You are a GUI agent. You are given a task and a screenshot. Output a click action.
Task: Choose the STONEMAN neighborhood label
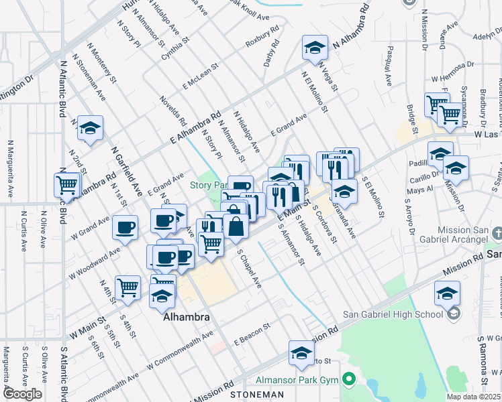(252, 395)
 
